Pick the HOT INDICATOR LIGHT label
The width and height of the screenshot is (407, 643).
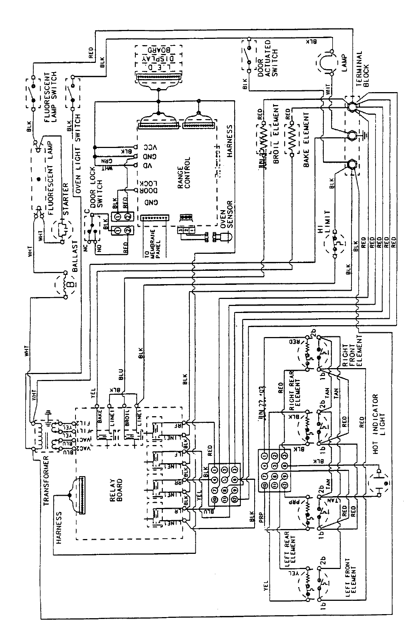tap(380, 424)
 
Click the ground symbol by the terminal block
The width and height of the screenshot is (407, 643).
tap(365, 137)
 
